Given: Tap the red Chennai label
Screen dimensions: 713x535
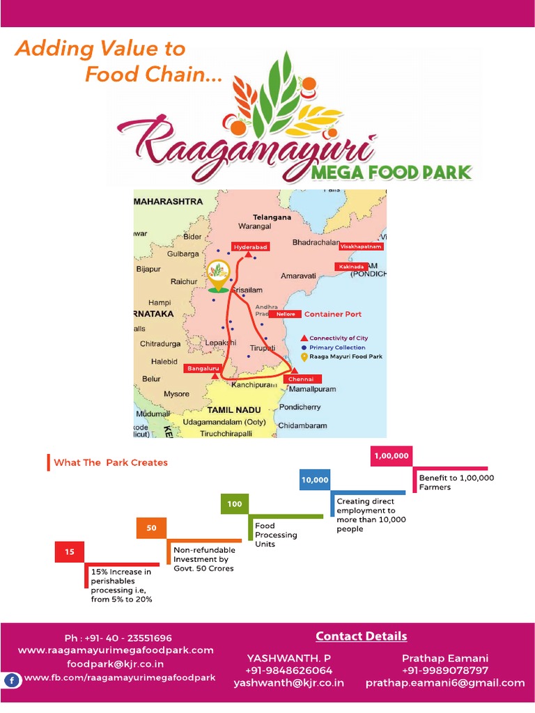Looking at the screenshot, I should click(x=302, y=378).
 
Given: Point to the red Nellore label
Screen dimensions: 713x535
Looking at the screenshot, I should click(x=286, y=314).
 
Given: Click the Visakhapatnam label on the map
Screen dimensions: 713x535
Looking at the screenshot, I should click(x=361, y=246).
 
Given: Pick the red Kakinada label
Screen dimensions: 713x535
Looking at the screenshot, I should click(x=353, y=267).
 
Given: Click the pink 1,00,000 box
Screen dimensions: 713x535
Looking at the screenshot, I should click(x=391, y=456).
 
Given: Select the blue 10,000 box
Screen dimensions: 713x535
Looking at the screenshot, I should click(x=315, y=480).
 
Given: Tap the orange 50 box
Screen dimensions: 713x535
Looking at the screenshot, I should click(x=151, y=528).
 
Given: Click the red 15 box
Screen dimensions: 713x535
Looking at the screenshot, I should click(x=70, y=552).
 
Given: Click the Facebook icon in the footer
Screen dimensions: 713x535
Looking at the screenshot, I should click(x=12, y=680).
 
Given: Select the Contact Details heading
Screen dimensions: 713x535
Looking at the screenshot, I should click(x=361, y=636).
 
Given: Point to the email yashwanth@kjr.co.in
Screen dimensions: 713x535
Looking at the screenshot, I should click(x=288, y=683).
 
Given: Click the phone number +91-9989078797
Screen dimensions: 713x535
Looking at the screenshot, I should click(x=445, y=671).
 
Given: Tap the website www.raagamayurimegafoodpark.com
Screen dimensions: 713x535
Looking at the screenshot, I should click(x=116, y=650).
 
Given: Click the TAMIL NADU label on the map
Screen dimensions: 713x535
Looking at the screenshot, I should click(x=238, y=410).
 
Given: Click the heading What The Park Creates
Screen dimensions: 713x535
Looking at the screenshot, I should click(x=110, y=462).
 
